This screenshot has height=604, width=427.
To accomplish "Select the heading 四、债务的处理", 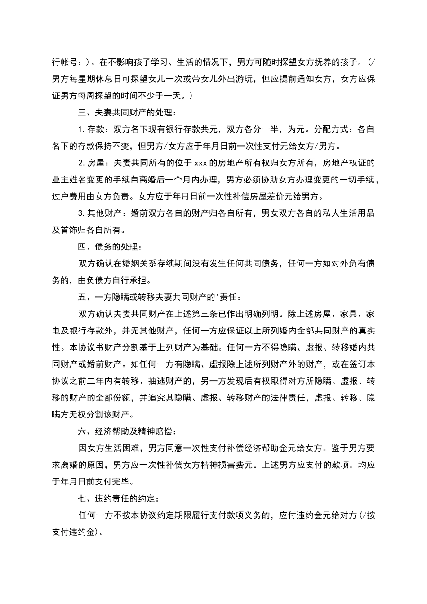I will tap(110, 247).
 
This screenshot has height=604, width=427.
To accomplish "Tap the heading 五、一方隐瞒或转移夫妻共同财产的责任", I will tap(160, 297).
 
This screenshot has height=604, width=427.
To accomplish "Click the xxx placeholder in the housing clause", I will tap(200, 163).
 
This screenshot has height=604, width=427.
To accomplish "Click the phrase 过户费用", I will tap(69, 196).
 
